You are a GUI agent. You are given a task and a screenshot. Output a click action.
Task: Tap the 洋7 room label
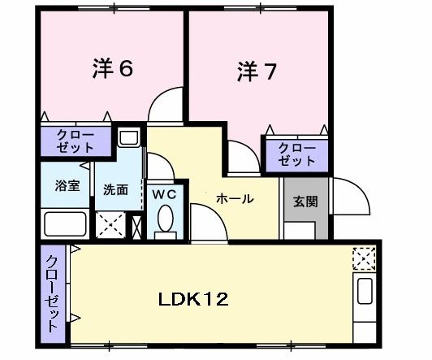click(257, 72)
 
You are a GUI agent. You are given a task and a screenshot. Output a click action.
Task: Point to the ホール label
click(235, 198)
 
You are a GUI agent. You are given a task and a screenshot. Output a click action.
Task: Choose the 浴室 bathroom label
click(67, 185)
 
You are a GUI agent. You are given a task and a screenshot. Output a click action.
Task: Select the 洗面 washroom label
click(115, 190)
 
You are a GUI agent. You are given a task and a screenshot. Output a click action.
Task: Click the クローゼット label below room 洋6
click(76, 141)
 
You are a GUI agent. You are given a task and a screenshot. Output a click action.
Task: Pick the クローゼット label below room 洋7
click(296, 154)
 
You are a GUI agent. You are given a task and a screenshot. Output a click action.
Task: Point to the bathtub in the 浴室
click(67, 223)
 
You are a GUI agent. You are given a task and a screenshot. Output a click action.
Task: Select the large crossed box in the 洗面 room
click(110, 223)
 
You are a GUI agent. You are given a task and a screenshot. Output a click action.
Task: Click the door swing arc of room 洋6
click(166, 102)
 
